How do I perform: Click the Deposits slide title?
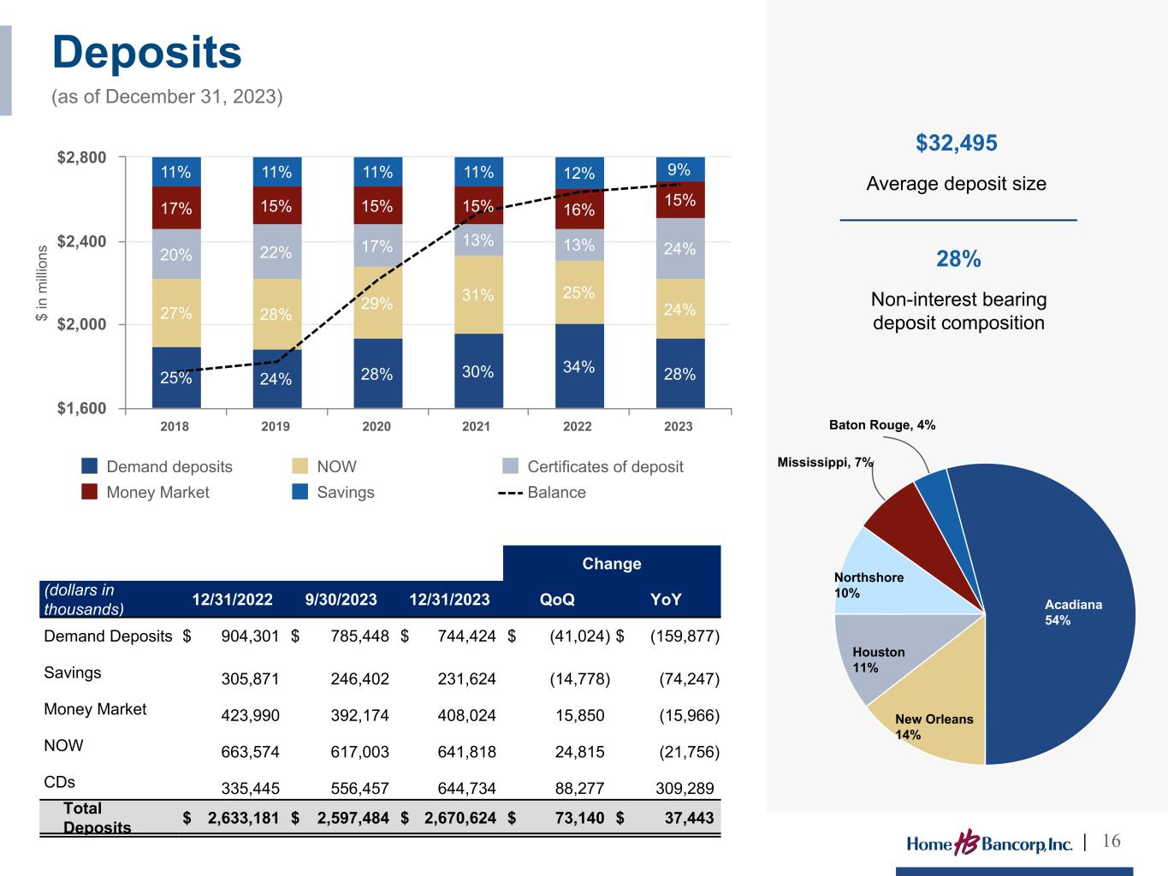pos(147,53)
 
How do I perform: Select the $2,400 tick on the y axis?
pos(82,241)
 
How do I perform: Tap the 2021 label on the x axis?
pos(477,426)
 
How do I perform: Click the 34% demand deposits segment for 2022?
pos(579,366)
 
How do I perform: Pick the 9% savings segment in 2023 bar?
pos(680,170)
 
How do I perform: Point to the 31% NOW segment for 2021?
pos(477,295)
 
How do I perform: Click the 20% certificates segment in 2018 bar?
pos(176,254)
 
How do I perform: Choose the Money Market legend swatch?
pos(90,492)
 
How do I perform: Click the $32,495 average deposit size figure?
pos(957,143)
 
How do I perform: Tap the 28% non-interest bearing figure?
pos(958,259)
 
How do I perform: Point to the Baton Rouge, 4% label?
pos(882,425)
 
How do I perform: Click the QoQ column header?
pos(557,599)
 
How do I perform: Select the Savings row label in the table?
pos(73,672)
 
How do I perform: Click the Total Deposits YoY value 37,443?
pos(689,818)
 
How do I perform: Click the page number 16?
pos(1112,841)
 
